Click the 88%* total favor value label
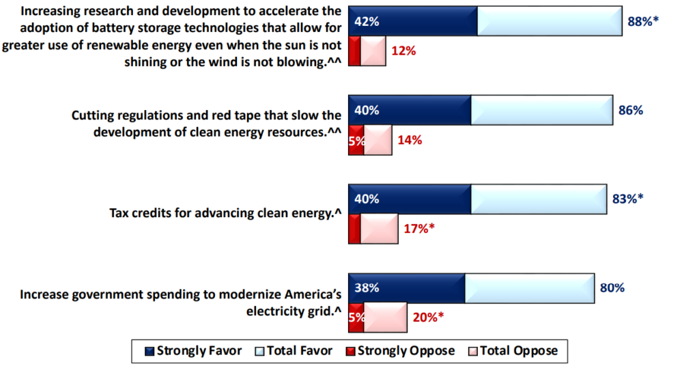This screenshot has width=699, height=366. coord(643,21)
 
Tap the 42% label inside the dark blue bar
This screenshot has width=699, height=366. coord(367,21)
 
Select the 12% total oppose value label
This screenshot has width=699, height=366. coord(403,51)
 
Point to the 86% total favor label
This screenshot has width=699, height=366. coord(630,110)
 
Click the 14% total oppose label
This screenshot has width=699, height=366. coord(410,141)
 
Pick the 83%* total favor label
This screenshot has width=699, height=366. coord(628,199)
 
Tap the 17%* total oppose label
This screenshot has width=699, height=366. coord(419,229)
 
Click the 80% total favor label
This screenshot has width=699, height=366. coord(612,287)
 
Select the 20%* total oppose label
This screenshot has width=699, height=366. coord(429,318)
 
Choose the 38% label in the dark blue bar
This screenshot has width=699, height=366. coord(367,288)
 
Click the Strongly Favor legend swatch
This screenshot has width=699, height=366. coord(149,352)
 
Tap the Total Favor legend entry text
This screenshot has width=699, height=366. coord(300,351)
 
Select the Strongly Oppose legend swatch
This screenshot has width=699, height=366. coord(350,352)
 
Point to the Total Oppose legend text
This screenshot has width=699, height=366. coord(519,351)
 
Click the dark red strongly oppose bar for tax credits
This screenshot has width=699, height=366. coord(354,229)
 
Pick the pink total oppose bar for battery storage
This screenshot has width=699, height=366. coord(373,51)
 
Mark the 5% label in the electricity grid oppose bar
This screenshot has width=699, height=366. coord(356,318)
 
